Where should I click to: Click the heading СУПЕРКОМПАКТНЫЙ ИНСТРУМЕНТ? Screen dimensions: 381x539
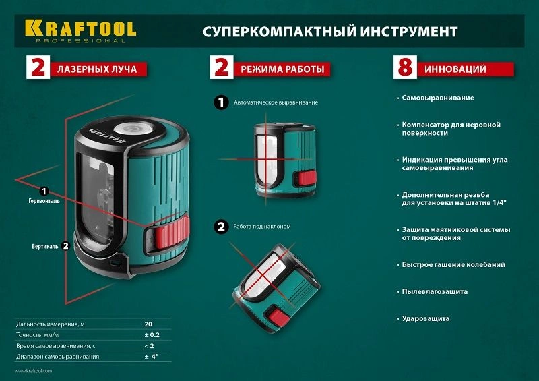pos(330,32)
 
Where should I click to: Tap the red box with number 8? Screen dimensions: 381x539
pos(404,69)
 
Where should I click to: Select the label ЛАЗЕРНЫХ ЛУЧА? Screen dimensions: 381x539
pos(98,69)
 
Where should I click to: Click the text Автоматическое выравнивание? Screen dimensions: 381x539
pos(276,103)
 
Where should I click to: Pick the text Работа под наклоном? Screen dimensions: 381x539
pos(262,227)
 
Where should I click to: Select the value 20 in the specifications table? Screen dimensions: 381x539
pos(148,324)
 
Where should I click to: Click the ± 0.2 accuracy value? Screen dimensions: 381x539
pos(151,335)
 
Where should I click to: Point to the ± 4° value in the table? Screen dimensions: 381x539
pos(151,357)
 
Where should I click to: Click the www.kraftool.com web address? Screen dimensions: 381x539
pos(32,372)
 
